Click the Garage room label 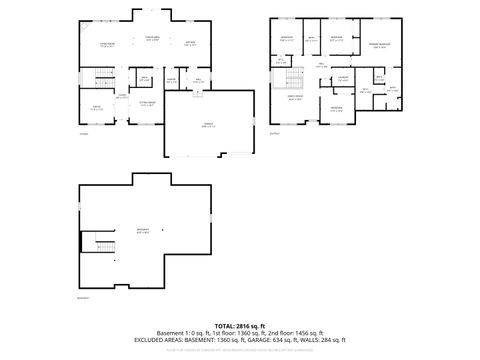(x=206, y=126)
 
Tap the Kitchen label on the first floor (x=191, y=43)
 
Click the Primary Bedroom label (x=379, y=46)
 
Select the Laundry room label (x=342, y=78)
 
